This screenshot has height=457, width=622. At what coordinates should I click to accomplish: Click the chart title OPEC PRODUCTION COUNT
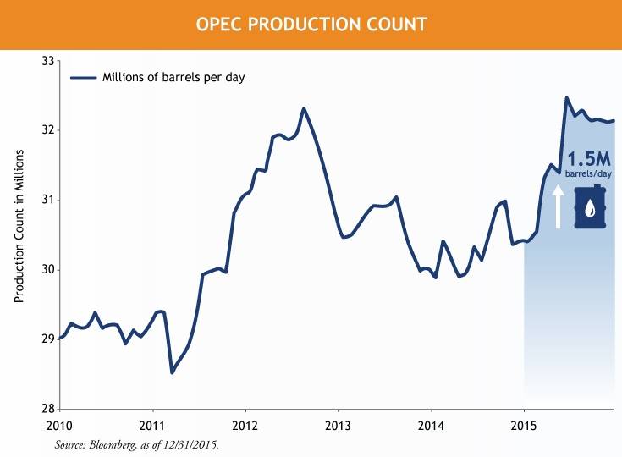click(311, 24)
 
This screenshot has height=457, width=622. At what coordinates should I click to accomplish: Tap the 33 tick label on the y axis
click(47, 61)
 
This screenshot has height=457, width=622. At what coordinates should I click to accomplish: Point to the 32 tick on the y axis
click(47, 130)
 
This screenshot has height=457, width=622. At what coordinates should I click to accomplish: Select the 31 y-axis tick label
click(47, 200)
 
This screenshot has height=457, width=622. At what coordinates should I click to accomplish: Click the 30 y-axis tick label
click(47, 270)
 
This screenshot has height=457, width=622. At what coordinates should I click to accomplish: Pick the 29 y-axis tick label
click(47, 339)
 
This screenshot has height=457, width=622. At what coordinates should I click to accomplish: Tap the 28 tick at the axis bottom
click(47, 409)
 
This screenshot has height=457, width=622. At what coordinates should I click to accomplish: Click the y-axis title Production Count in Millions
click(19, 228)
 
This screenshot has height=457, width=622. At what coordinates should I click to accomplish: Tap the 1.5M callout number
click(589, 159)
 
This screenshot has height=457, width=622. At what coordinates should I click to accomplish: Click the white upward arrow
click(559, 206)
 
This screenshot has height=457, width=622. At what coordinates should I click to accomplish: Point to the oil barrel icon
click(591, 207)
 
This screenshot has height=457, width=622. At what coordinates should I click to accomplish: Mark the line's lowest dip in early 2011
click(172, 372)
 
